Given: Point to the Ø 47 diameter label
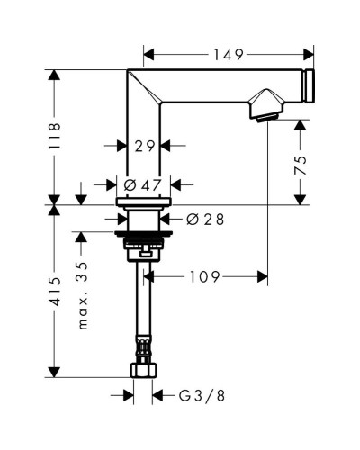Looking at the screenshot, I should (x=141, y=184).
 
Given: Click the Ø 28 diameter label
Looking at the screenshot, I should (x=202, y=219).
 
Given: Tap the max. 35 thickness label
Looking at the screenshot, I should (x=84, y=297).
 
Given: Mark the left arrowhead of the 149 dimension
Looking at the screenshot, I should (x=147, y=55).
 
